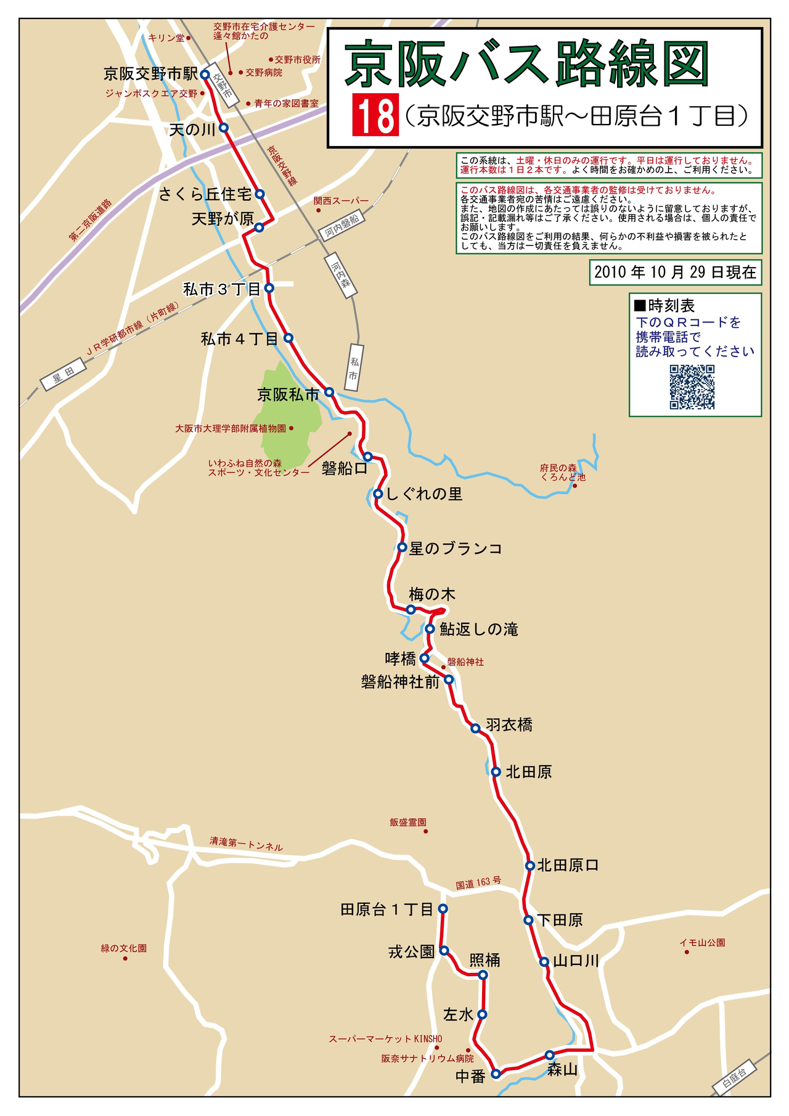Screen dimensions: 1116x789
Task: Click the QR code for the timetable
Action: click(x=692, y=387)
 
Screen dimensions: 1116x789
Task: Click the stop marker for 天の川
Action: click(x=224, y=128)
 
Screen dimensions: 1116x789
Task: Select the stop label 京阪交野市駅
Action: click(x=150, y=74)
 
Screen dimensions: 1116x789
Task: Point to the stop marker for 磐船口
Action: click(x=368, y=457)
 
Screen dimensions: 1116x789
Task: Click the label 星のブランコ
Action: click(x=455, y=548)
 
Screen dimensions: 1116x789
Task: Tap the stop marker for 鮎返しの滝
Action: click(x=430, y=629)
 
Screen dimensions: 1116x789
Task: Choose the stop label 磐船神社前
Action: click(x=400, y=682)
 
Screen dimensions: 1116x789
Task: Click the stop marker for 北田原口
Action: click(x=529, y=866)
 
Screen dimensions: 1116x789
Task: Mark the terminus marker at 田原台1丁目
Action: click(x=443, y=908)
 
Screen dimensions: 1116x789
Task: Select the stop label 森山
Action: click(x=562, y=1070)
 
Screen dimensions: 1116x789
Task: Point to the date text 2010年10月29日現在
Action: click(x=675, y=272)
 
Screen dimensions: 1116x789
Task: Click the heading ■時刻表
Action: click(x=664, y=305)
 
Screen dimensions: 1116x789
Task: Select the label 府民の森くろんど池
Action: click(x=562, y=472)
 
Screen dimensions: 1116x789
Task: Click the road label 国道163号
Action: click(x=478, y=882)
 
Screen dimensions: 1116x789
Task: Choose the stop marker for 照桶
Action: click(x=483, y=975)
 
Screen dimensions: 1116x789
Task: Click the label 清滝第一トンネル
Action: click(x=246, y=843)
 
